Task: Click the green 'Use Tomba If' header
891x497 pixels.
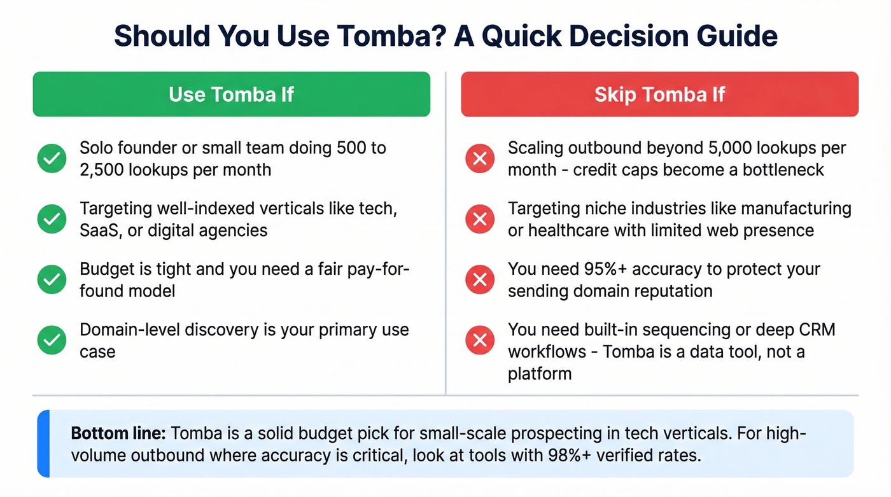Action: [231, 94]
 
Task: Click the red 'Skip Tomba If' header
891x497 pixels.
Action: [659, 94]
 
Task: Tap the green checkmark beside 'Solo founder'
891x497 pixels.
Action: [52, 158]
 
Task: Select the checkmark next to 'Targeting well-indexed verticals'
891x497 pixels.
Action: [52, 219]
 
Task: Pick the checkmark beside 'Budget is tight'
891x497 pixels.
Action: [52, 279]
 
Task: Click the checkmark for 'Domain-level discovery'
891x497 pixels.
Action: [52, 340]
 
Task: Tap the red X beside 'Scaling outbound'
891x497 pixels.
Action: [480, 158]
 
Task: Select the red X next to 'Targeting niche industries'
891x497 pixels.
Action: [480, 219]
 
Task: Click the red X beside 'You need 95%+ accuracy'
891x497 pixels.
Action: [480, 279]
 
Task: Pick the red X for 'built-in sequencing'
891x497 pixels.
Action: [480, 340]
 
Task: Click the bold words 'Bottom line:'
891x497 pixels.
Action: [118, 434]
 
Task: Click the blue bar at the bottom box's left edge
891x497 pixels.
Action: [43, 444]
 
